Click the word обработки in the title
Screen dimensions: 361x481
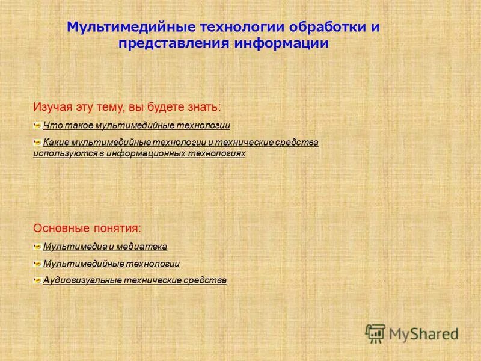(328, 28)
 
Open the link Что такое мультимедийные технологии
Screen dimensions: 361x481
(136, 125)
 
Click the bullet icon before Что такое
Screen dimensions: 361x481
(37, 125)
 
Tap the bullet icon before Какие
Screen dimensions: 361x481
(37, 143)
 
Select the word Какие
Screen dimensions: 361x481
(55, 143)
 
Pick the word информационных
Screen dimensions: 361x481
(147, 154)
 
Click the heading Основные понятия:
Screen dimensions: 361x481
(88, 229)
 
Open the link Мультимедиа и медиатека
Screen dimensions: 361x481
(105, 247)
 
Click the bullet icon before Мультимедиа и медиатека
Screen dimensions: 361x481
(37, 247)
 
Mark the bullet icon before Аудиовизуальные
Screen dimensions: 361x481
(37, 280)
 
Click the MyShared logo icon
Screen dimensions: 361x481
(375, 333)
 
